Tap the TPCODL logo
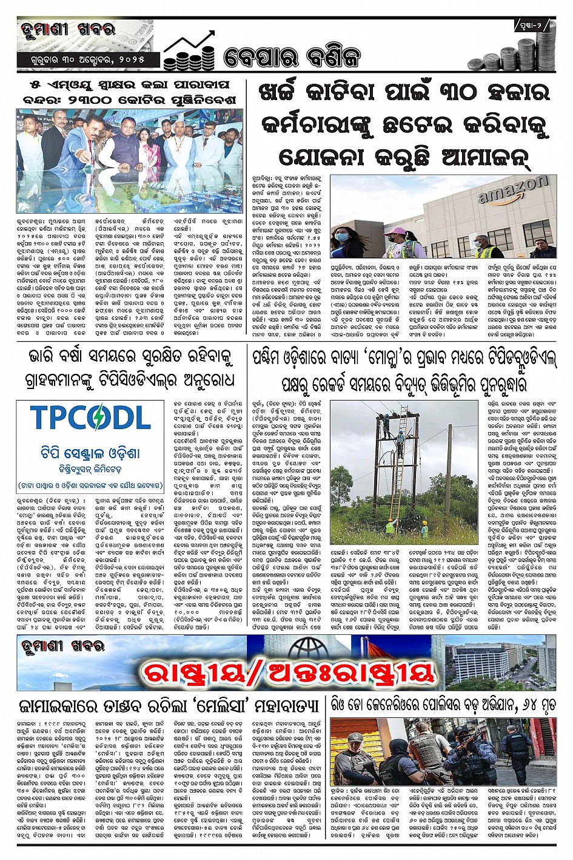coord(90,418)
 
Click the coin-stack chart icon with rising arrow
coord(189,51)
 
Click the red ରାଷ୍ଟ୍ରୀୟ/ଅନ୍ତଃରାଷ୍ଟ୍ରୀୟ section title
coord(287,671)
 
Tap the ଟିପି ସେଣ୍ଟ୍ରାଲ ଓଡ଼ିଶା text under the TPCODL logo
coord(90,453)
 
